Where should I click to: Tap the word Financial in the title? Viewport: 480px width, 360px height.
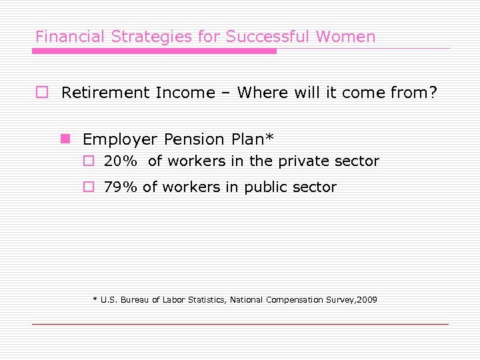tap(61, 37)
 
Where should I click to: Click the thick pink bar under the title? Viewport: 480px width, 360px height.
tap(155, 51)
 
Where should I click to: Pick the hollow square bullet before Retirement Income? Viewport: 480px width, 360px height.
tap(41, 93)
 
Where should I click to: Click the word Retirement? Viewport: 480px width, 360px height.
tap(105, 93)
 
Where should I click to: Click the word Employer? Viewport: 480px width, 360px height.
tap(120, 140)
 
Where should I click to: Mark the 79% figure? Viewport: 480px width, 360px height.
tap(120, 187)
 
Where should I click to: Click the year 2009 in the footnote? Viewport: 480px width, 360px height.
tap(367, 300)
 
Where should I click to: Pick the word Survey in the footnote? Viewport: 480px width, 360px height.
tap(341, 300)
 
